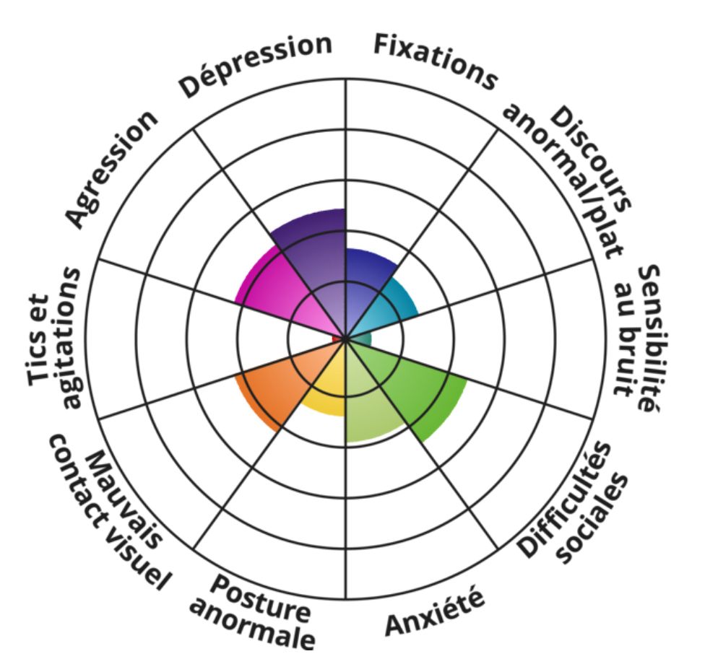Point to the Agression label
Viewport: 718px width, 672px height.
point(111,169)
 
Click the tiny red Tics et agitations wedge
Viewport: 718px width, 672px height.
point(337,339)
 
